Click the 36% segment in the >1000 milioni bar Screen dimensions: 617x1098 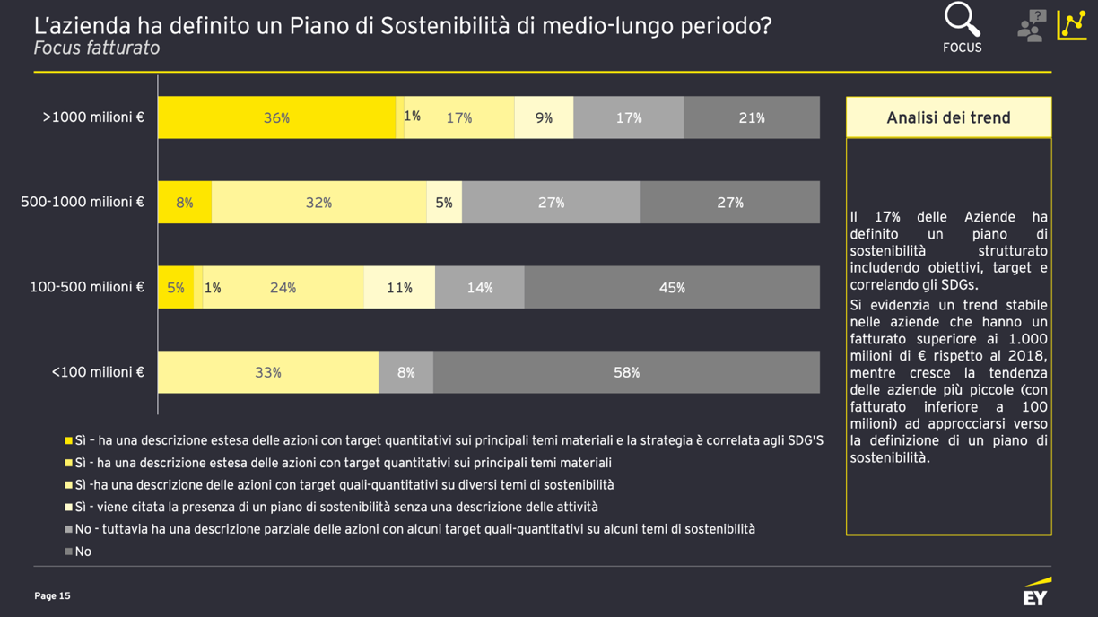click(x=276, y=117)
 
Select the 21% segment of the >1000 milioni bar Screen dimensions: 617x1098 click(x=752, y=117)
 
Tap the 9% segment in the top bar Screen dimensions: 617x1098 click(x=544, y=117)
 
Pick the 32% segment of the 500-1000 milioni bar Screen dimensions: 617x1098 click(x=318, y=203)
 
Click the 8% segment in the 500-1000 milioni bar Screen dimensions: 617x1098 click(x=185, y=203)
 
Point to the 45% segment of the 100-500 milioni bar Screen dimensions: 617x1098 click(x=672, y=288)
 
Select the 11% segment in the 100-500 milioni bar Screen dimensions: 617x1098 click(x=399, y=288)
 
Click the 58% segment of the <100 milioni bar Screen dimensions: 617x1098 click(x=626, y=372)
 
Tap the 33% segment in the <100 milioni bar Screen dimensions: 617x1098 click(x=268, y=372)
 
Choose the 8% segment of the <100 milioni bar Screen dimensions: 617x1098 click(x=405, y=372)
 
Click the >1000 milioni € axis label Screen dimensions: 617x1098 click(x=93, y=117)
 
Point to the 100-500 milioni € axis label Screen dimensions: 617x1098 click(x=87, y=288)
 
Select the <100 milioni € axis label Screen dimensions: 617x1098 click(x=98, y=372)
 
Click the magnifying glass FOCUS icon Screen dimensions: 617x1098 click(x=962, y=22)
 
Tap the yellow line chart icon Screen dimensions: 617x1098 click(x=1072, y=25)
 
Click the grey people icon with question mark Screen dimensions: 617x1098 click(x=1032, y=26)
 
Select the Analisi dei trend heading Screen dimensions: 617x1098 click(x=948, y=117)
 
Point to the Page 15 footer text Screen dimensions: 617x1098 click(x=52, y=595)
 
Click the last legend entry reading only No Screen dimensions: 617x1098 click(x=83, y=552)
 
